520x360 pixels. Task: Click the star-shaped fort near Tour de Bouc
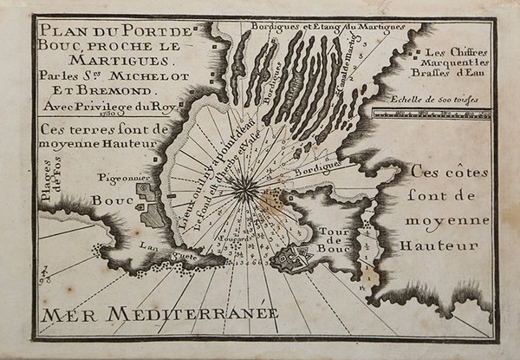pos(296,255)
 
